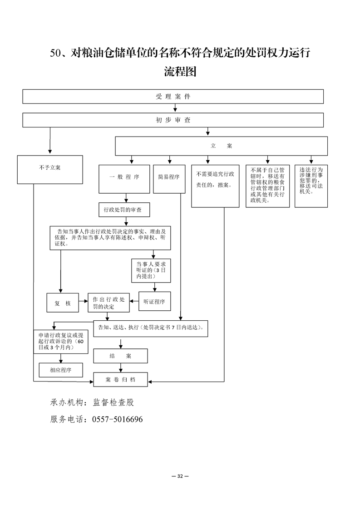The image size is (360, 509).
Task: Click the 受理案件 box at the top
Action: [x=173, y=97]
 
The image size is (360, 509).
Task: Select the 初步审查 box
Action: [x=173, y=120]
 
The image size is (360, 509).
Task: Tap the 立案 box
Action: [x=221, y=146]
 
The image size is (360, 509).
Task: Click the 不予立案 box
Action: [x=50, y=170]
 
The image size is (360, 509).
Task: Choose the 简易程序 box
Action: [x=169, y=177]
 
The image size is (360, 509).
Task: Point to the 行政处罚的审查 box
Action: [x=124, y=210]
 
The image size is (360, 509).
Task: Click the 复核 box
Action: [x=63, y=303]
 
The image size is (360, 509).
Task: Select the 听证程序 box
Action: [x=154, y=301]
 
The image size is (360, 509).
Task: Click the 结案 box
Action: [x=120, y=356]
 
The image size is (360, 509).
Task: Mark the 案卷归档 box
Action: [x=120, y=379]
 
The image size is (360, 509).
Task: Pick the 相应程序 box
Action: [x=61, y=370]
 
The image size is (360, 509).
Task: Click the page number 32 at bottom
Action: [x=180, y=476]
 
